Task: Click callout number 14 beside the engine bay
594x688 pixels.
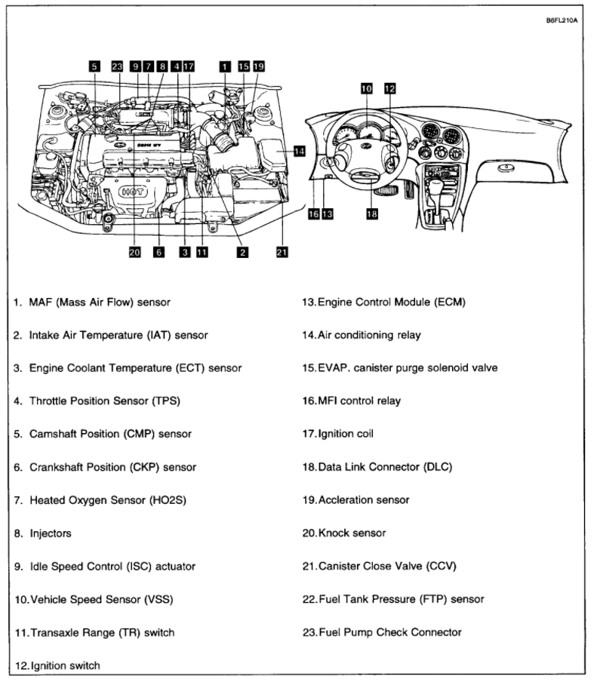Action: [x=300, y=152]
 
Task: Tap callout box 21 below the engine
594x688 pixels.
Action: [x=282, y=253]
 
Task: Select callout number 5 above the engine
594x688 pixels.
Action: [x=94, y=66]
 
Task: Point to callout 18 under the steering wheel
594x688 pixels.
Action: [x=371, y=214]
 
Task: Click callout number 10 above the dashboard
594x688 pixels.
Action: [x=367, y=88]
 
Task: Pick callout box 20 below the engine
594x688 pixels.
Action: [x=135, y=253]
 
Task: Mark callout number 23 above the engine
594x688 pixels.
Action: [x=116, y=66]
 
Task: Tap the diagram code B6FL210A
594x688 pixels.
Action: [x=561, y=21]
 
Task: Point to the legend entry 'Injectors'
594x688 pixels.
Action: [x=51, y=533]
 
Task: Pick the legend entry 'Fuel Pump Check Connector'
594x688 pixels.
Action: [x=390, y=632]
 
